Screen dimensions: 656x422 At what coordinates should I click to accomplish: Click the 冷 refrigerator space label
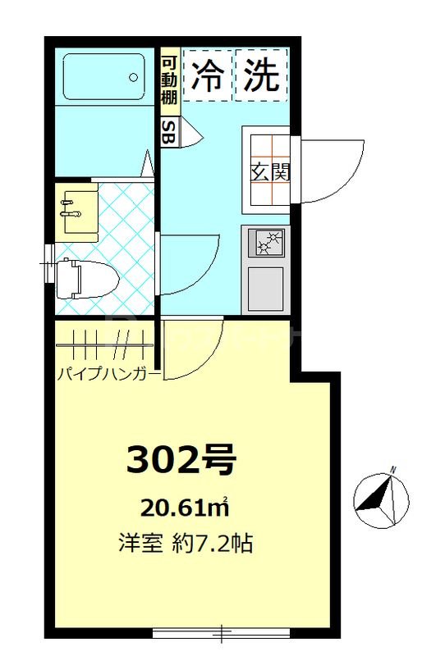209,76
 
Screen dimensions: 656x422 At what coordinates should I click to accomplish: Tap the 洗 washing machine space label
261,76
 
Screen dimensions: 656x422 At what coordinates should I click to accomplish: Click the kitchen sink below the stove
266,287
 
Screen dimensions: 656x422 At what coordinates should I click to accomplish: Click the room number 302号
181,460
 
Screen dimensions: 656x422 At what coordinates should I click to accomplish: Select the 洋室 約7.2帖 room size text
185,543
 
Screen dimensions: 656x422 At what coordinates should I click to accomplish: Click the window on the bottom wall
222,632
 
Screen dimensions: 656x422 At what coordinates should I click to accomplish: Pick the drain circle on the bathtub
133,78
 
